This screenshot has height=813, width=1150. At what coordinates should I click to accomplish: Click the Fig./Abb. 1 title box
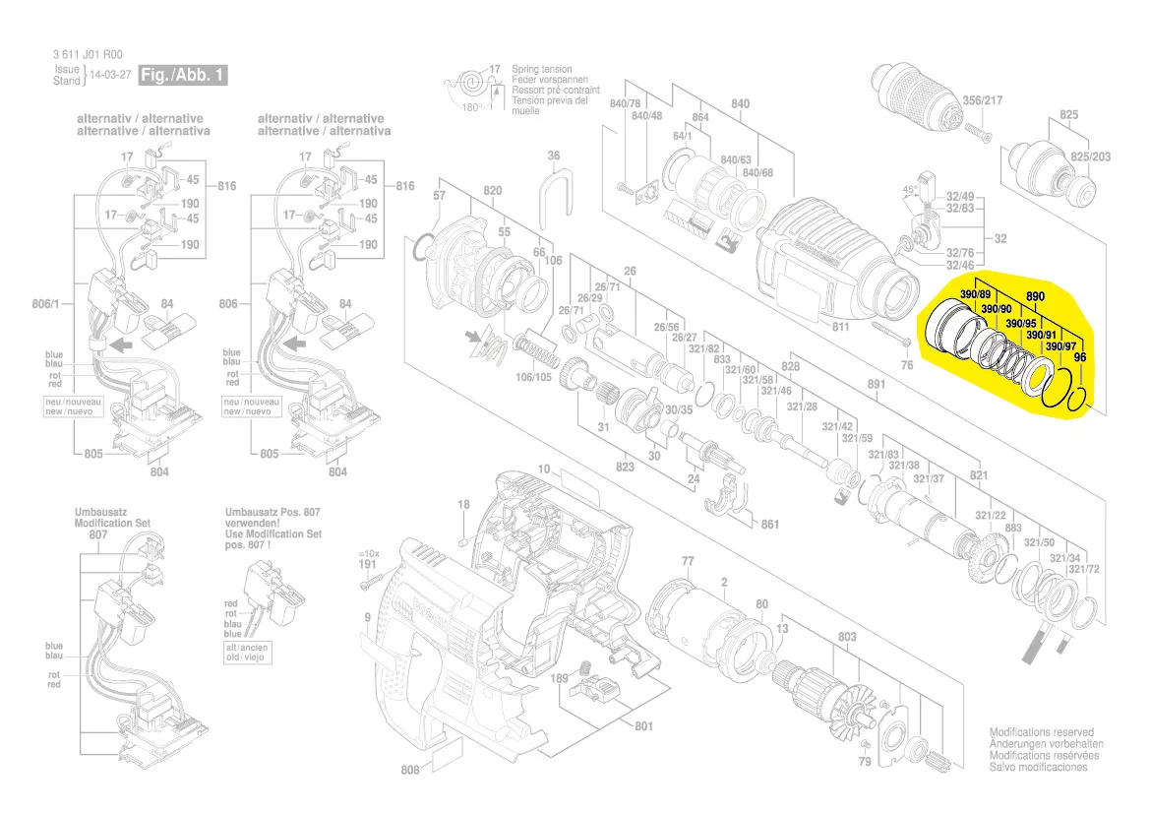tap(183, 75)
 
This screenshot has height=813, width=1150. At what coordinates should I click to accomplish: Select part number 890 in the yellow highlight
tap(1035, 296)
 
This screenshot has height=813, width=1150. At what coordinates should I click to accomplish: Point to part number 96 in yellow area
tap(1079, 357)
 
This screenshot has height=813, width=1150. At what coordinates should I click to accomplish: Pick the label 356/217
tap(982, 100)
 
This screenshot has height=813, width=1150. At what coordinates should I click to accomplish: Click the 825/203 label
tap(1090, 157)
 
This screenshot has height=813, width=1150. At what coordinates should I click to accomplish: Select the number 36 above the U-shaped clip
tap(554, 156)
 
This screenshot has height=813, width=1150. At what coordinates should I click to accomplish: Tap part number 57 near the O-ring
tap(439, 196)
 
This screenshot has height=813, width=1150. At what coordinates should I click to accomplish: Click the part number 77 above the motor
tap(688, 562)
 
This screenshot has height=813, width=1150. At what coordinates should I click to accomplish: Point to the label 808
tap(410, 770)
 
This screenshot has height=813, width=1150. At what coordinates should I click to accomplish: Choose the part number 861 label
tap(770, 525)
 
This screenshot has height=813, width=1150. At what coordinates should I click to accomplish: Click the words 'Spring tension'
tap(538, 69)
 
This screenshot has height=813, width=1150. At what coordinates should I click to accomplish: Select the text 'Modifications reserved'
tap(1041, 733)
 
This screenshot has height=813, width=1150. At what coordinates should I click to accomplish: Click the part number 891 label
tap(877, 385)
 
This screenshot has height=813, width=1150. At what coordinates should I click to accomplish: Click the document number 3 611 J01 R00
tap(88, 55)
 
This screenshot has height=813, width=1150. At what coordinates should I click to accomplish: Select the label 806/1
tap(45, 305)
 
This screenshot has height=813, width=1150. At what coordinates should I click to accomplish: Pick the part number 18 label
tap(464, 505)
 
